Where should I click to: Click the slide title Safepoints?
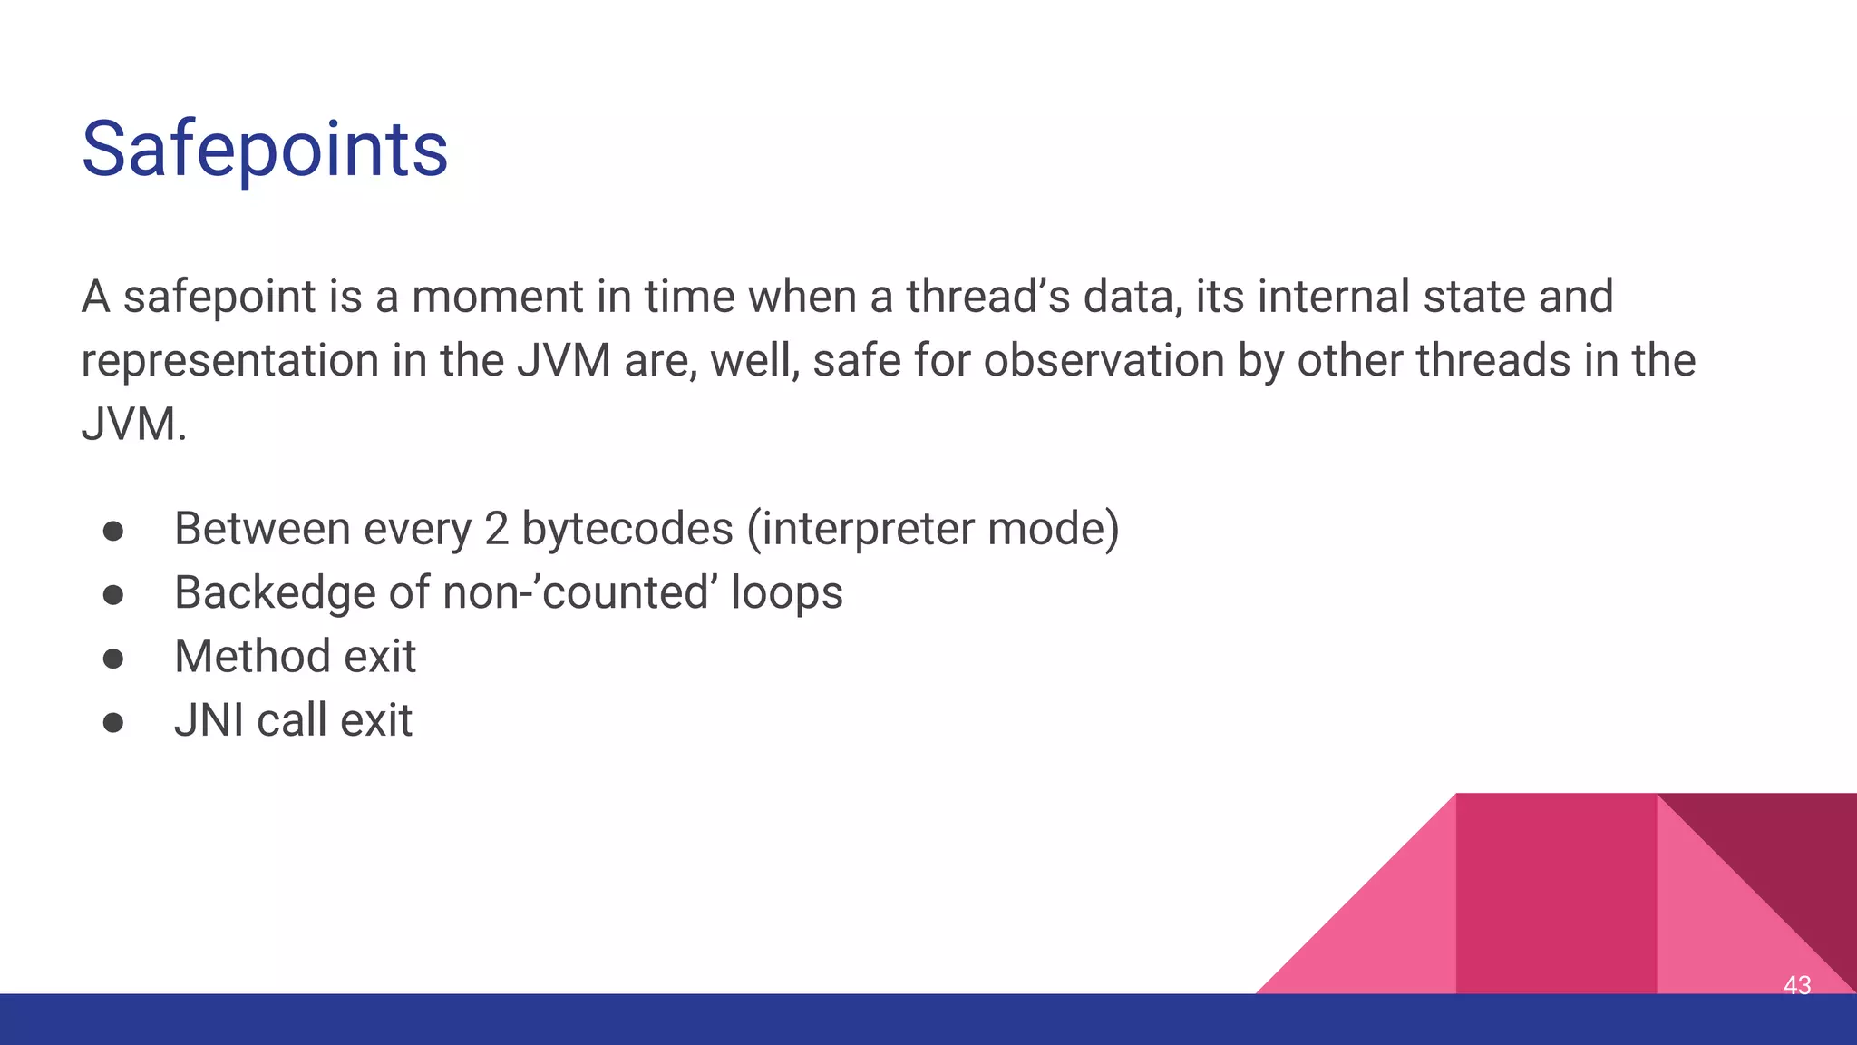[x=265, y=149]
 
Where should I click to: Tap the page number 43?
[x=1796, y=985]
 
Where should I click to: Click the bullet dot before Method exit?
[x=113, y=658]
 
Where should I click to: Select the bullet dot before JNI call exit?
[x=113, y=722]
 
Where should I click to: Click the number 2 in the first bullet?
[x=496, y=529]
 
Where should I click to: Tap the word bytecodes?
[x=627, y=529]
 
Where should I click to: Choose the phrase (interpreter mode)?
[x=933, y=529]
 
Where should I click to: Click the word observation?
[x=1104, y=361]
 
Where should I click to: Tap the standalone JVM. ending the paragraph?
[x=133, y=425]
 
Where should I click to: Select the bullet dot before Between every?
[x=113, y=531]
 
